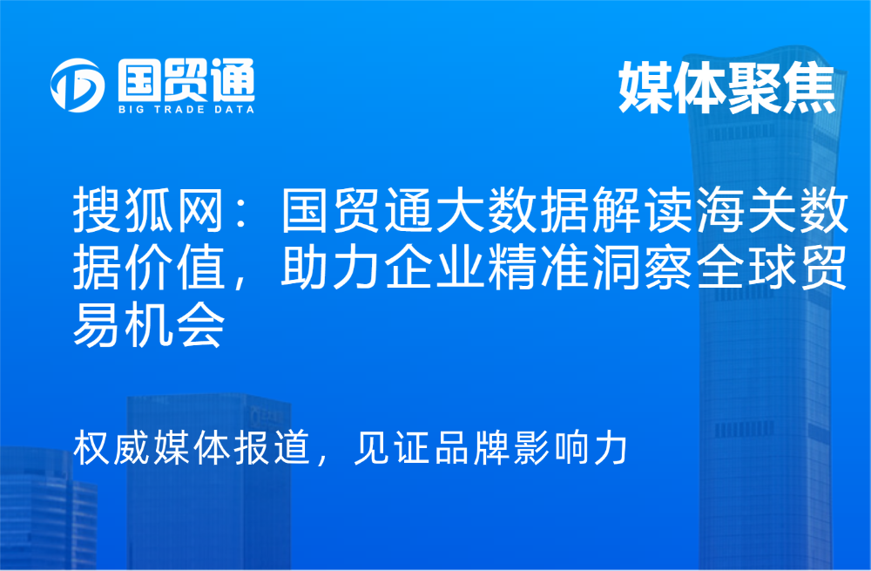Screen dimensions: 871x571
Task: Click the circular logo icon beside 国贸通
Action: [x=77, y=85]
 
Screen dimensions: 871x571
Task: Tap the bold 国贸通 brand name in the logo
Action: [x=186, y=80]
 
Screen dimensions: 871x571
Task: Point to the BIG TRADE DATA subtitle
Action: [x=186, y=110]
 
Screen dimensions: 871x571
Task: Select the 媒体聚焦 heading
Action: [x=726, y=87]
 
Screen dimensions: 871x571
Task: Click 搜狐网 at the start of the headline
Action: [x=148, y=211]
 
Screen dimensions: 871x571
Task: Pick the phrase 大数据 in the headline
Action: [x=511, y=211]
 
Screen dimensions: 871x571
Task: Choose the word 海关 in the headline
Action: [x=745, y=211]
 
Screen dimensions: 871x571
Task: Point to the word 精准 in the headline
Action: [x=537, y=268]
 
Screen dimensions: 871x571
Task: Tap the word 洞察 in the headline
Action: [x=641, y=268]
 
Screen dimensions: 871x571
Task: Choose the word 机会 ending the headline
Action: [x=174, y=324]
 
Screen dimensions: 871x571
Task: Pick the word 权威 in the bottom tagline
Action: [x=111, y=447]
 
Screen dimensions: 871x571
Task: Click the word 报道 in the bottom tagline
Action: [x=272, y=447]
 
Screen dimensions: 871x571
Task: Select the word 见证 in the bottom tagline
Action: [x=393, y=447]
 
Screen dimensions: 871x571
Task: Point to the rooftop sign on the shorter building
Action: [x=267, y=415]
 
